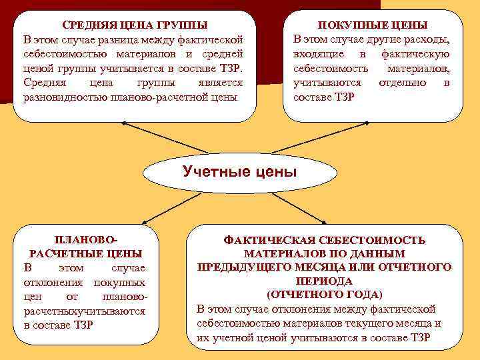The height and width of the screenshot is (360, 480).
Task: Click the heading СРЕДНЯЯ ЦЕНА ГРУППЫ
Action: pos(133,25)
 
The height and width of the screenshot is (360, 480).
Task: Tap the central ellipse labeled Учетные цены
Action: pos(239,173)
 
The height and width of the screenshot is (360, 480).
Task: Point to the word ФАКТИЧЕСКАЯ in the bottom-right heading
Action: pos(267,240)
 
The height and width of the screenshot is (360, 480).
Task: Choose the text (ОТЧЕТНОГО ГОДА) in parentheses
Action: pos(325,295)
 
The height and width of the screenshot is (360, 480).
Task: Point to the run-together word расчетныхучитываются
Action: pos(84,311)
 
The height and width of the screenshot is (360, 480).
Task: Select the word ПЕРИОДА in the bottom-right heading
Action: pos(325,281)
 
